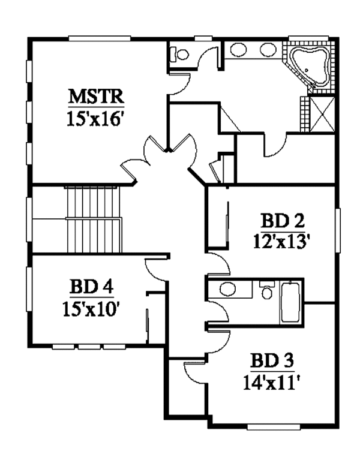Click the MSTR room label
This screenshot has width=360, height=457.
[95, 96]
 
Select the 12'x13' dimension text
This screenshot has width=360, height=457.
[281, 241]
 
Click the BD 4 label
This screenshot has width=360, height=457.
[91, 287]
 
